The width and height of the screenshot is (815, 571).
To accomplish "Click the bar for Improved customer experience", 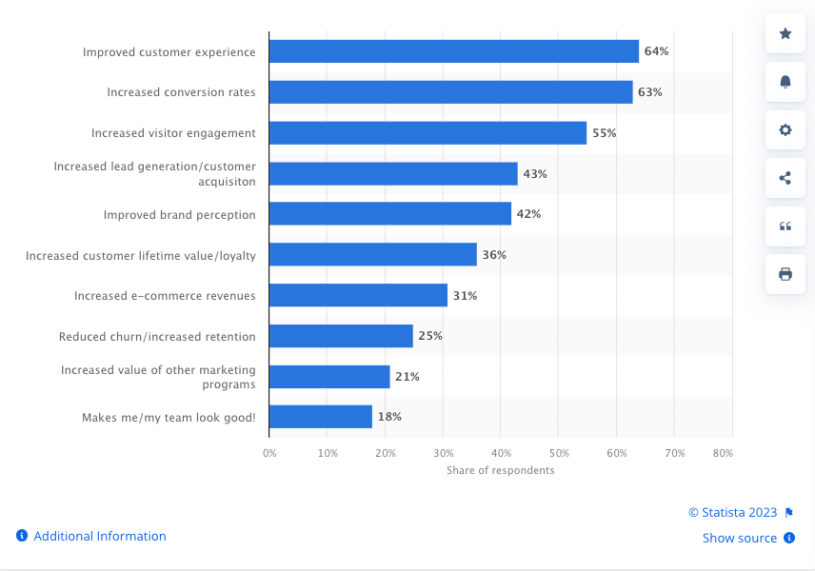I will (453, 51).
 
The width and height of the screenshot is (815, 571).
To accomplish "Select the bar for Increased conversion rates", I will (450, 92).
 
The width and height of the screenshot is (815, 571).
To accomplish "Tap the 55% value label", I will (604, 133).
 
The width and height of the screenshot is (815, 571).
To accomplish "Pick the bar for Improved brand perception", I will (389, 214).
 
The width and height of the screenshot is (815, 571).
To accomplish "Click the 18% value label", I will (389, 417).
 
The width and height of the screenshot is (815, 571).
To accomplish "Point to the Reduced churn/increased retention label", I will (157, 336).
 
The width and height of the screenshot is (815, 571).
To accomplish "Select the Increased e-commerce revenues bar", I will (358, 295).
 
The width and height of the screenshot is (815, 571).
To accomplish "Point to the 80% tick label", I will (722, 454).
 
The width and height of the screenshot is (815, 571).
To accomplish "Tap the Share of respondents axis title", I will (500, 470).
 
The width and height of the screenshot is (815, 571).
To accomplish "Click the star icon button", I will (785, 34).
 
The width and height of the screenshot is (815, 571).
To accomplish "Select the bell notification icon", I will (785, 82).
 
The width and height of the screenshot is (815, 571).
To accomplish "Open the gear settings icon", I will (785, 130).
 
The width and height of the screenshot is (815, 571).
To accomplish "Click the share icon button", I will (785, 178).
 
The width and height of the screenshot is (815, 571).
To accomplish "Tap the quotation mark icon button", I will (785, 226).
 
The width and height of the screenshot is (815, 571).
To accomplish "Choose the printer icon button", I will (785, 274).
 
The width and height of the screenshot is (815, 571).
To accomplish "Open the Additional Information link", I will (99, 537).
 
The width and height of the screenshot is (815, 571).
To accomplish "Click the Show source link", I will (740, 539).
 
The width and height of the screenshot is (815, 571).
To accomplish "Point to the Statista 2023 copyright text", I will (732, 513).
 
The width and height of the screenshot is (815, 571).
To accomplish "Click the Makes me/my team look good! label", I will (169, 417).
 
